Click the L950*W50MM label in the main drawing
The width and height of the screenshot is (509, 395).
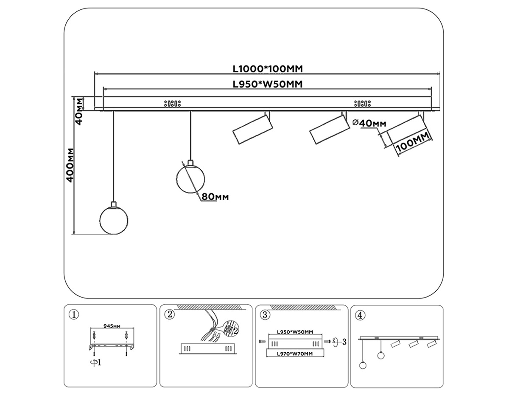(268, 84)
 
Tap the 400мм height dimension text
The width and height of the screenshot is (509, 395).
(70, 165)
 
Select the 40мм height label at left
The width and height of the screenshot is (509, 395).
(79, 110)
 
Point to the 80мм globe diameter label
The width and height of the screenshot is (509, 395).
(215, 197)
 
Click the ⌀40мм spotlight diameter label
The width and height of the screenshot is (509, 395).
(369, 123)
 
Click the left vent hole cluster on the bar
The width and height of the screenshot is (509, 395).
(172, 103)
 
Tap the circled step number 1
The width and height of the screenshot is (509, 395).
(74, 315)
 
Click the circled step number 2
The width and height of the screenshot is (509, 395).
(170, 315)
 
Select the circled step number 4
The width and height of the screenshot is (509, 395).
(360, 315)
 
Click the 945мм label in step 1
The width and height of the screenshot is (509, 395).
(112, 326)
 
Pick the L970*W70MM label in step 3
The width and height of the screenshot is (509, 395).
(294, 353)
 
